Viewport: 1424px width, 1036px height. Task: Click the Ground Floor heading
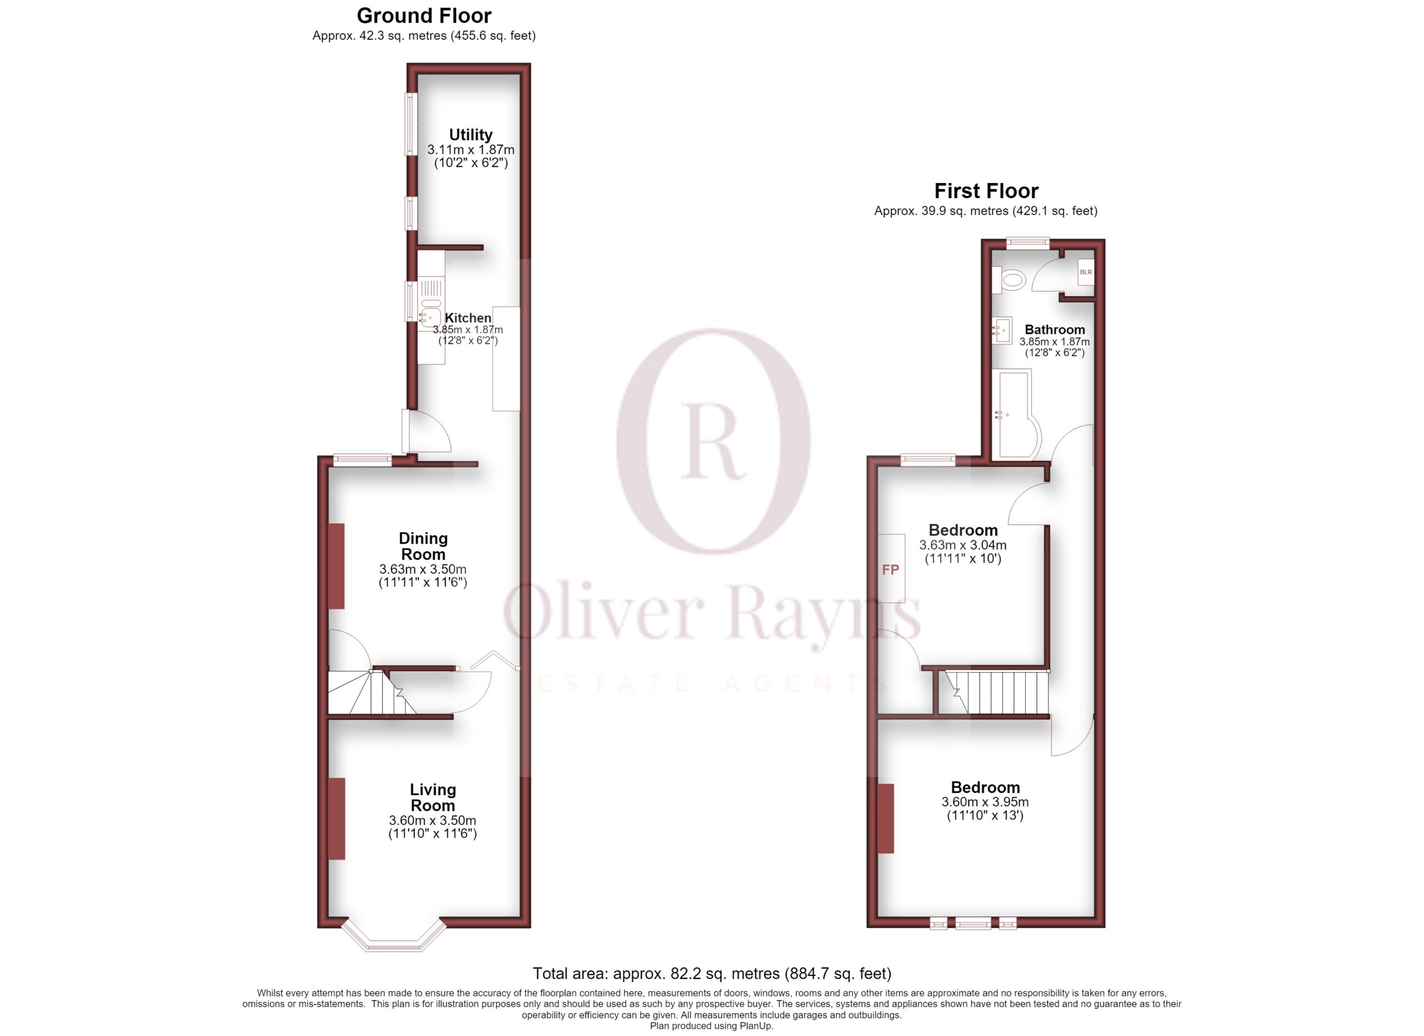pos(424,15)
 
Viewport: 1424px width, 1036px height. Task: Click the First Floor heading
pos(986,190)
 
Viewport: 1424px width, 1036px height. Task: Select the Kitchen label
pos(468,318)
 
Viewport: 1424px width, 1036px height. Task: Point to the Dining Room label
pos(423,546)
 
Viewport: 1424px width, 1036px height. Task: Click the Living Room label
pos(433,797)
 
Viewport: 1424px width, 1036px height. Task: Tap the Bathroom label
pos(1055,329)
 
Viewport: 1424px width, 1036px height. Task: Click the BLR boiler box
pos(1086,272)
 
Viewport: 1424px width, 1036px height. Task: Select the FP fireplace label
pos(891,570)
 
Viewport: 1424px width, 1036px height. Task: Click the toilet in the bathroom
pos(1008,279)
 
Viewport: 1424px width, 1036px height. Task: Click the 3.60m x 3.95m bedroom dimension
pos(985,802)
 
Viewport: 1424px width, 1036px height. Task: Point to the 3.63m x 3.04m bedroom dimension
pos(962,545)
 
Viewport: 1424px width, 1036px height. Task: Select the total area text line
pos(712,973)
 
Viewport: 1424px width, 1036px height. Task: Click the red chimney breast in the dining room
pos(337,566)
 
